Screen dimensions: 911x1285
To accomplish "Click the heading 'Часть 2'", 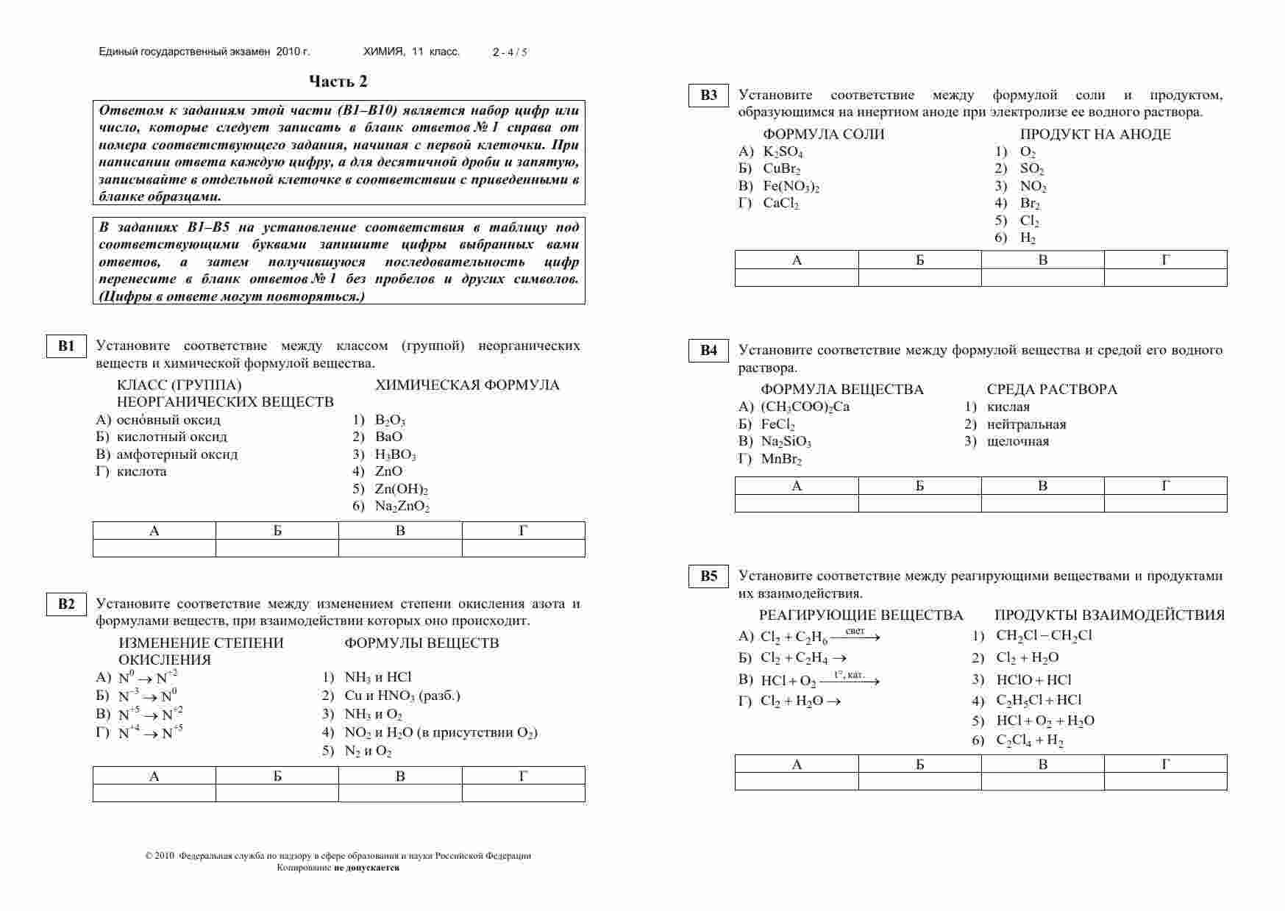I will click(x=338, y=82).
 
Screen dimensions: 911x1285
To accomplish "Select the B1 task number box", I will click(x=67, y=346).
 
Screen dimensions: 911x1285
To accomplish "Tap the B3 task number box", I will click(x=708, y=96).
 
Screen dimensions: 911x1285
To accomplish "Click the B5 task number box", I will click(x=708, y=576).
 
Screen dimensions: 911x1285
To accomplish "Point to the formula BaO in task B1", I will click(x=388, y=437).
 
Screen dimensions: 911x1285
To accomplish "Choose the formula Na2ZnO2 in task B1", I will click(x=402, y=507).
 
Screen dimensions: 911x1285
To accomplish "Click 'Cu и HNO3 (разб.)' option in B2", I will click(x=402, y=696).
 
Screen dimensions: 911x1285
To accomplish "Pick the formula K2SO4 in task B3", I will click(x=783, y=152).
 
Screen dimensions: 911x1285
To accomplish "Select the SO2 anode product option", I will click(x=1031, y=169).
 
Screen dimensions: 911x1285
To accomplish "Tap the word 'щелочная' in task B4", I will click(x=1018, y=442).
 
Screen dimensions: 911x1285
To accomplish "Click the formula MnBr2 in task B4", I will click(x=781, y=460).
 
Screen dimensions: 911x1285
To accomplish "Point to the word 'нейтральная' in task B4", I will click(x=1026, y=424).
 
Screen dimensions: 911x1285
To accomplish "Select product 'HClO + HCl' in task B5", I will click(x=1033, y=680).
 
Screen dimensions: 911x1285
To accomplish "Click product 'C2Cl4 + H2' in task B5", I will click(x=1030, y=741).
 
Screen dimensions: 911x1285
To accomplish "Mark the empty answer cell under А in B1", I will click(x=154, y=549).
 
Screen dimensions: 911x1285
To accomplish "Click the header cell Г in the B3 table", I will click(x=1165, y=260).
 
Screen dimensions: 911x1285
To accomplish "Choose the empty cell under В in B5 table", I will click(x=1042, y=781).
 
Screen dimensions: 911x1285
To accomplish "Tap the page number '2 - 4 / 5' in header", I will click(x=510, y=52).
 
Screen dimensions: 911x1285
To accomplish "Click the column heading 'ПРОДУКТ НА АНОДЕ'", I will click(x=1094, y=135).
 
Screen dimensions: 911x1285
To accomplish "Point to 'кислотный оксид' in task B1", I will click(x=172, y=437).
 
